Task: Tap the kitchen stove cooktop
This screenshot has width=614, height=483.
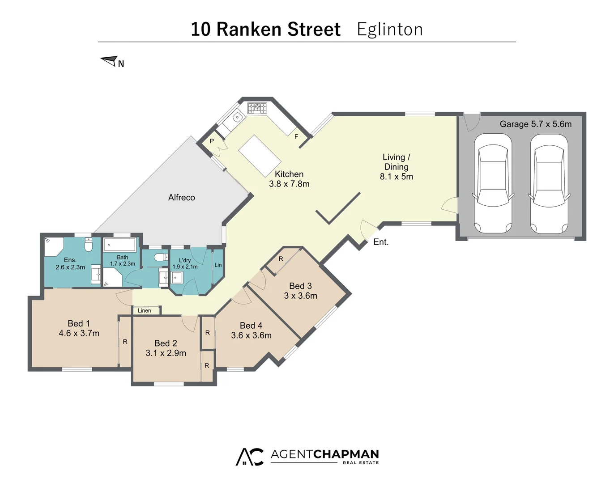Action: point(257,108)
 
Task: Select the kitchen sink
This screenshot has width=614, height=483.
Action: point(237,118)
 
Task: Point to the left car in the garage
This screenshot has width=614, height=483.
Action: point(493,183)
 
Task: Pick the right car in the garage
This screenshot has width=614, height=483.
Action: point(549,183)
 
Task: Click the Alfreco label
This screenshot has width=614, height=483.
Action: point(181,197)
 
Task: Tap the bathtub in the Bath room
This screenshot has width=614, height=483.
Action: point(120,245)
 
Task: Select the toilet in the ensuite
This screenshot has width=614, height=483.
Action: point(89,245)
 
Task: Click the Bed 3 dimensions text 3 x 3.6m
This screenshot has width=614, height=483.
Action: point(300,296)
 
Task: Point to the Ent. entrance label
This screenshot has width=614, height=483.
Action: point(381,242)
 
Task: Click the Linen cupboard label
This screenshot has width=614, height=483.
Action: point(144,310)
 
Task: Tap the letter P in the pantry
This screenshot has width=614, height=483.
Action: point(212,141)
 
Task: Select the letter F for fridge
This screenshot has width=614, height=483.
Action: point(296,136)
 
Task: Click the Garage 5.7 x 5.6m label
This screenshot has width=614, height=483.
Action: point(535,124)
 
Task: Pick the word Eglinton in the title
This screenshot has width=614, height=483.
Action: point(389,30)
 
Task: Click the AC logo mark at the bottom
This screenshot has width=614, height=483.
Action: point(250,457)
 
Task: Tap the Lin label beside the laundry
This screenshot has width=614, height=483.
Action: point(218,265)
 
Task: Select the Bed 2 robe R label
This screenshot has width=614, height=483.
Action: point(207,365)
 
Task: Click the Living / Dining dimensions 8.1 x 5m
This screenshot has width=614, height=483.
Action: point(396,177)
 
